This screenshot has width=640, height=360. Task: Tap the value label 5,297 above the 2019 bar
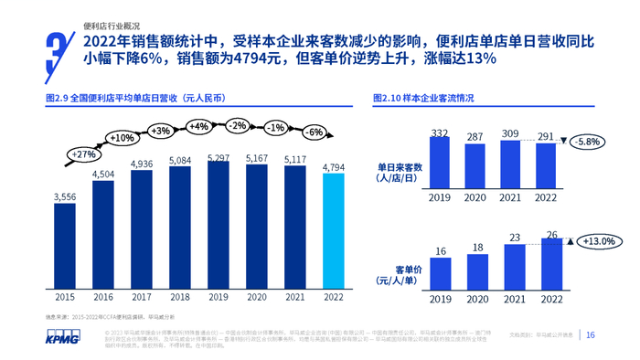pos(219,158)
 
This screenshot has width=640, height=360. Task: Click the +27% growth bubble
pos(83,154)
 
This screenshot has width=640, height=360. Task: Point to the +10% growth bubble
pos(122,138)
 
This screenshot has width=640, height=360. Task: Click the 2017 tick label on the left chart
pos(142,298)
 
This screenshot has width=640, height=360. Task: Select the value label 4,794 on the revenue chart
pos(334,167)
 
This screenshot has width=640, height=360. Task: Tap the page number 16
pos(591,335)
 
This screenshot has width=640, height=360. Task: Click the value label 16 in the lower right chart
pos(440,251)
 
